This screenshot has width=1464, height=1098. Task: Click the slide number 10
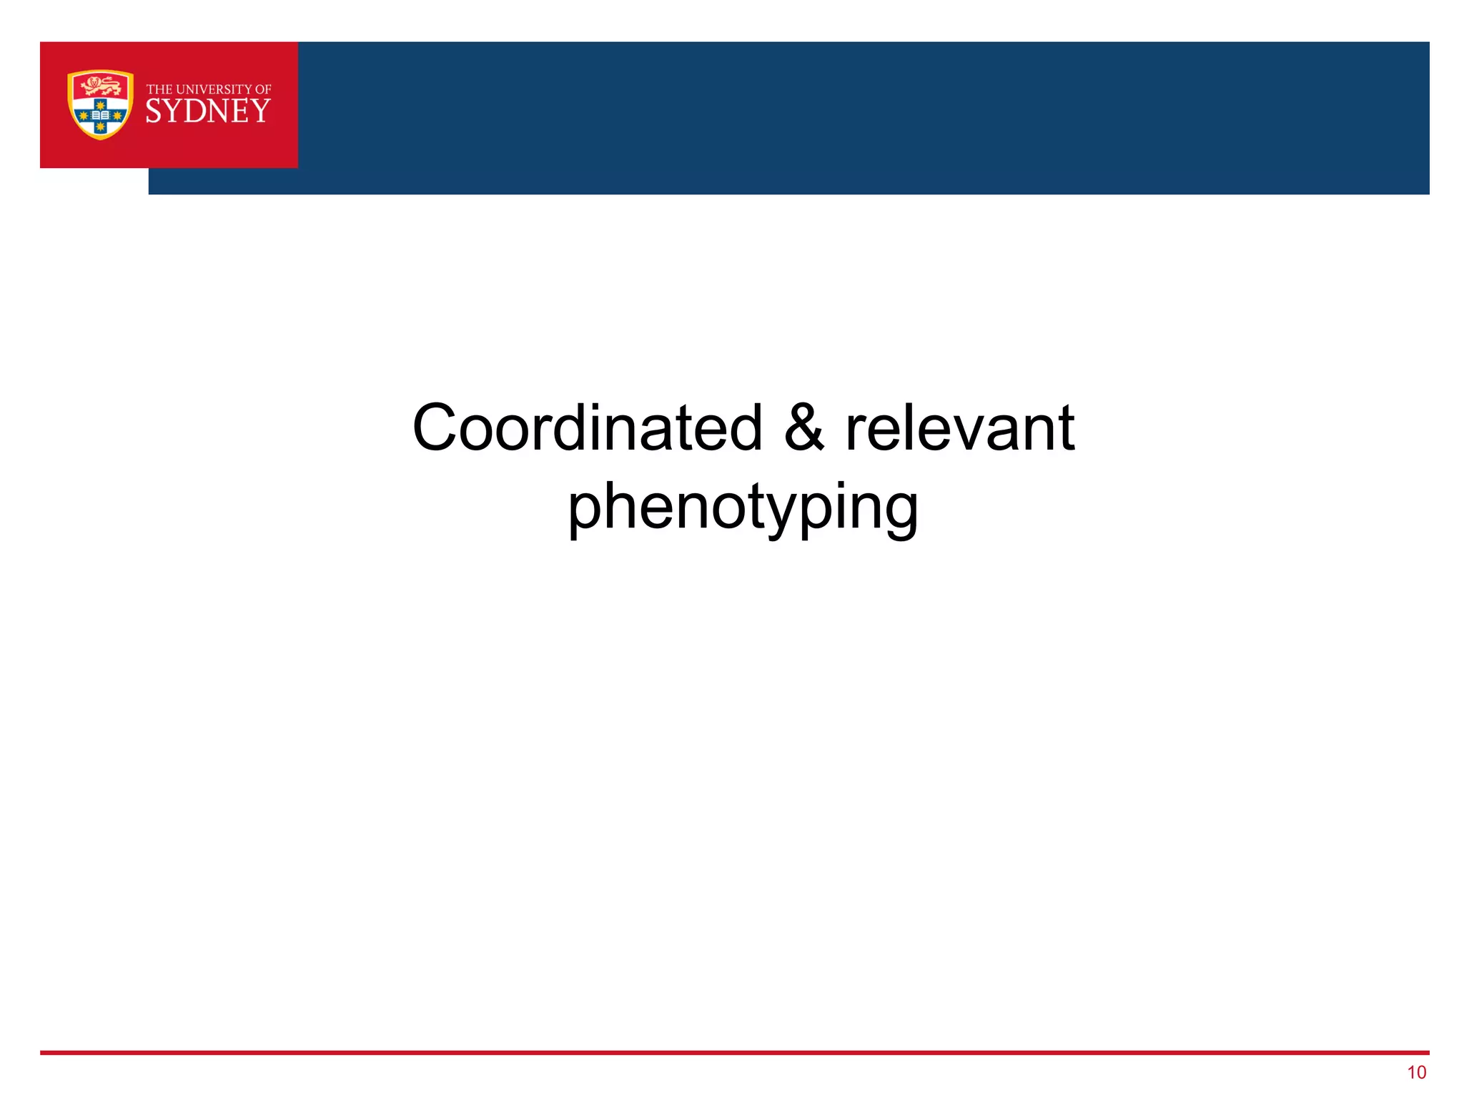tap(1416, 1072)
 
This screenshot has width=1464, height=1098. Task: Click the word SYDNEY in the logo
tap(208, 112)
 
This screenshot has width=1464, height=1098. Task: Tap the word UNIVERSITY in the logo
tap(214, 89)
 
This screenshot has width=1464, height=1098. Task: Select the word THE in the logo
tap(159, 89)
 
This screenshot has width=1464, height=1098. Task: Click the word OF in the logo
tap(263, 89)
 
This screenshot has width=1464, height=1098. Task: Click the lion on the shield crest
tap(100, 86)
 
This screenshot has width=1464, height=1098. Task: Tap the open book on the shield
tap(100, 115)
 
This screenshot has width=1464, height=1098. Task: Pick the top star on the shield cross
tap(100, 104)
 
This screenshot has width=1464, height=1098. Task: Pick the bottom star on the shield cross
tap(100, 127)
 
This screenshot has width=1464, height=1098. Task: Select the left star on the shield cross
tap(83, 115)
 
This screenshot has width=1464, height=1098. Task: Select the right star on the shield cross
tap(117, 115)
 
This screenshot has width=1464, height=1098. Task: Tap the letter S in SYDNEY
tap(153, 112)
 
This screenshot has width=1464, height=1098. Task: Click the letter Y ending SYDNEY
tap(261, 112)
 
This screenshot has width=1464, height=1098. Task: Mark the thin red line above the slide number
tap(734, 1052)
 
